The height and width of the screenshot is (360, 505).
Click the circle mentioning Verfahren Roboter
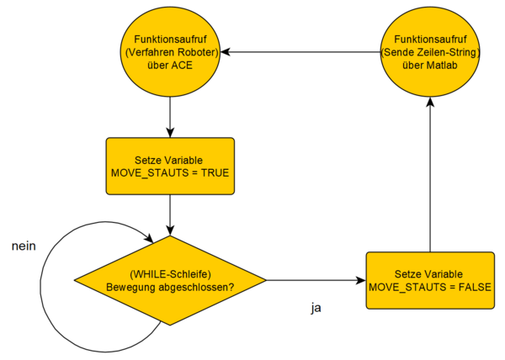click(x=170, y=52)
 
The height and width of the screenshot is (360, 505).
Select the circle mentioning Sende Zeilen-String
click(x=430, y=52)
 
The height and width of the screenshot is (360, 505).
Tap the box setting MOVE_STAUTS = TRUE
click(x=170, y=167)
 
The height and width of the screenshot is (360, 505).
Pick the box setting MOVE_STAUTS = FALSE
click(x=430, y=280)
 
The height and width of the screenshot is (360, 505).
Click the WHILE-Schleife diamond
click(x=170, y=280)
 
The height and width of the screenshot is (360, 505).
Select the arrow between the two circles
click(x=300, y=52)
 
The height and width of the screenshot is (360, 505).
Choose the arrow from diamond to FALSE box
click(x=316, y=280)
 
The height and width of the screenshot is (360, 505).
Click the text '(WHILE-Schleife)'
click(x=170, y=273)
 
